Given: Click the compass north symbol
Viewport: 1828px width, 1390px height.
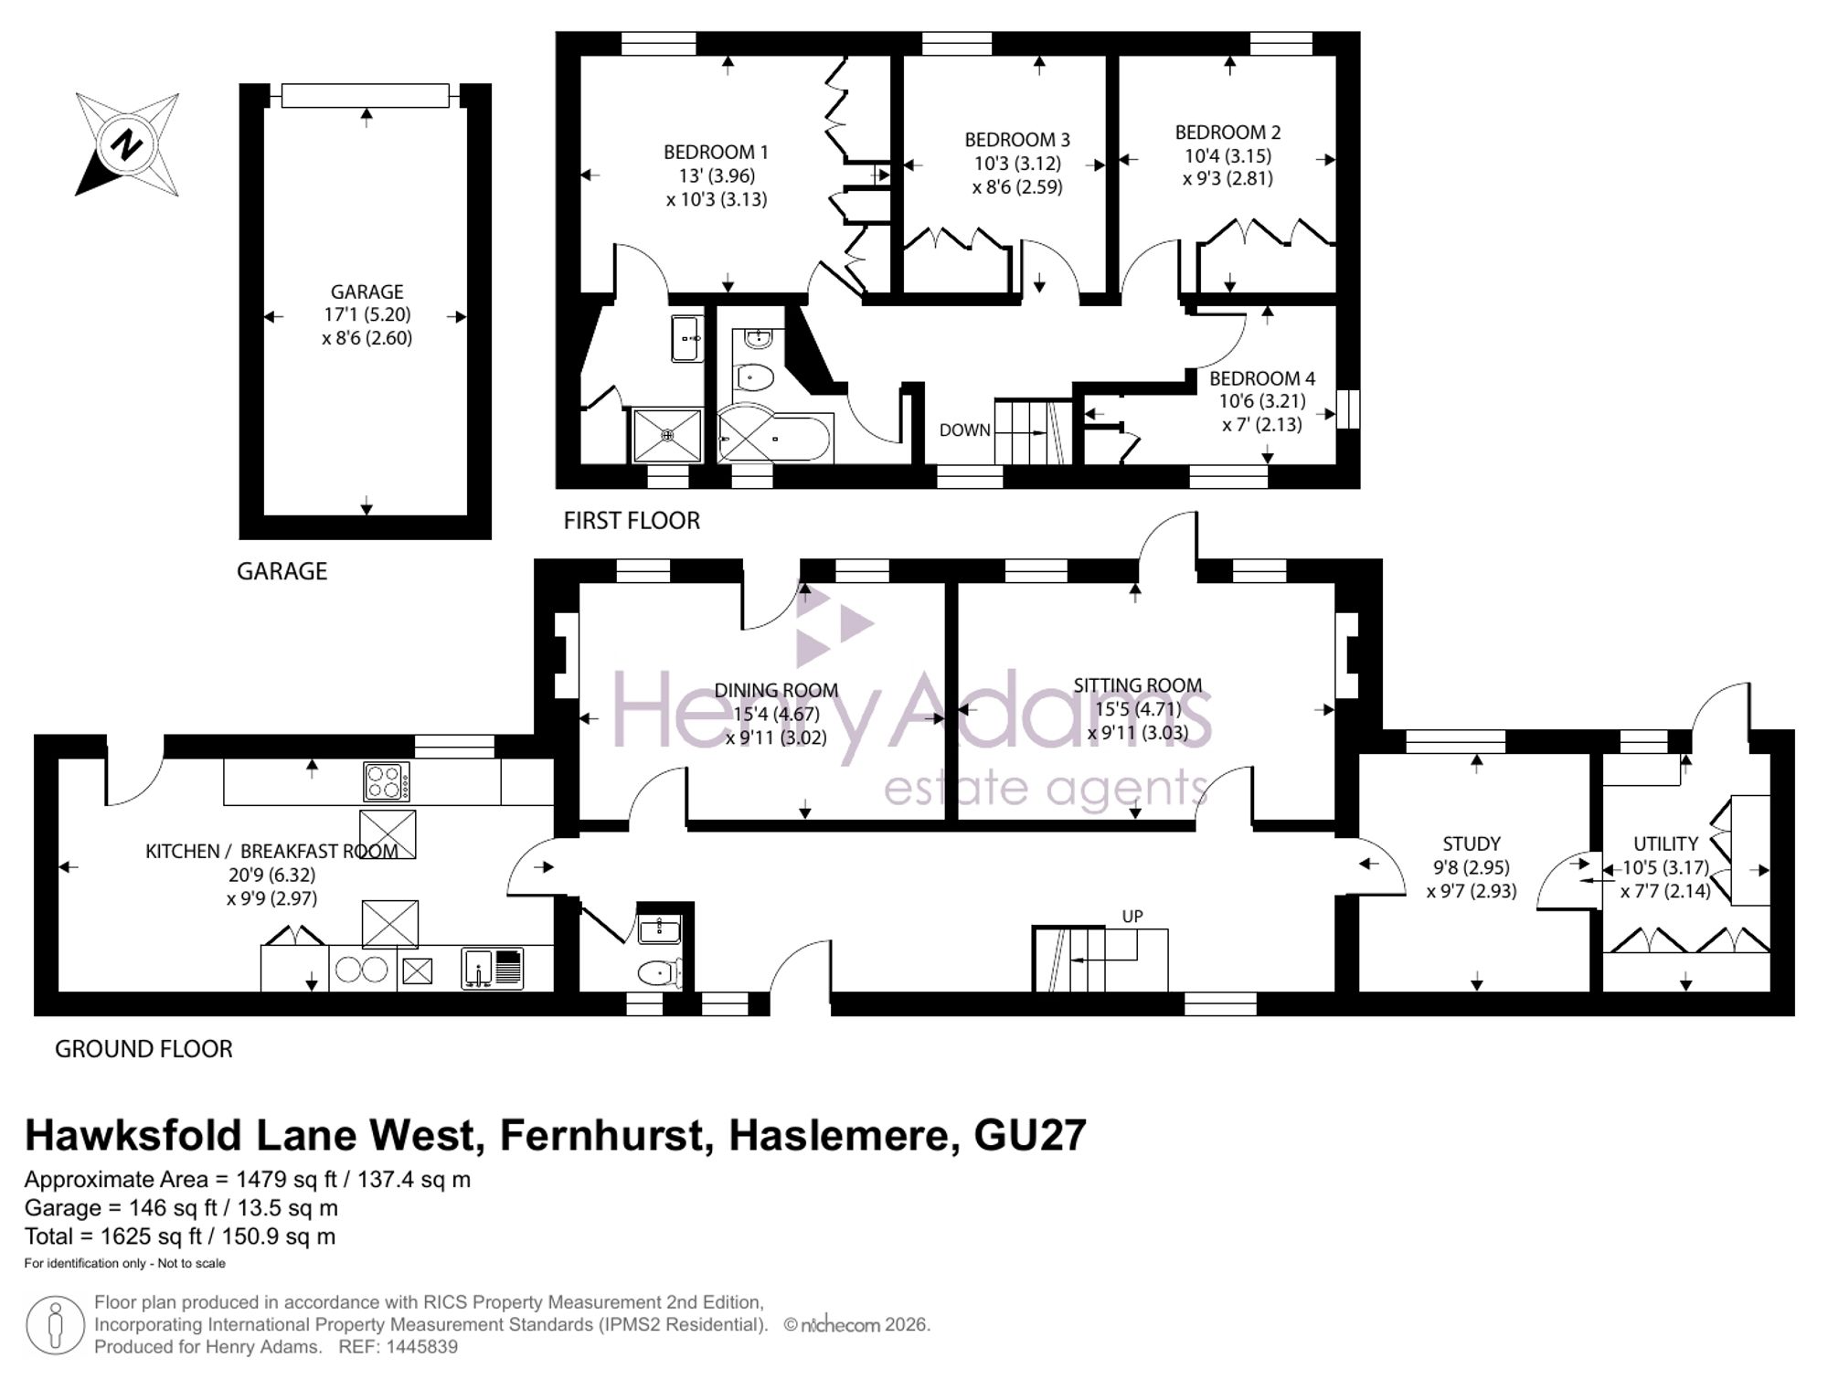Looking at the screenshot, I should (127, 144).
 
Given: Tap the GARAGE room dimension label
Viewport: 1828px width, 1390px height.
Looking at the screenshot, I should (367, 314).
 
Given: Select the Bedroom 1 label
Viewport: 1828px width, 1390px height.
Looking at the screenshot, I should (716, 152).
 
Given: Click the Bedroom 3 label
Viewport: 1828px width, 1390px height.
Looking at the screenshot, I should (1016, 140).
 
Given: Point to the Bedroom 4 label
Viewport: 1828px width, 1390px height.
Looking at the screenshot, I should (1261, 378).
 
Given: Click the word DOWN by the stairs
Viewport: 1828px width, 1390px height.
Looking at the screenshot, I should (964, 430).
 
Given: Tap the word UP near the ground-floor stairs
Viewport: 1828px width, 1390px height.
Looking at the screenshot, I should (1132, 917).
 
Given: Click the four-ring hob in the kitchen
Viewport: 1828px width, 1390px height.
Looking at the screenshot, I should (387, 781).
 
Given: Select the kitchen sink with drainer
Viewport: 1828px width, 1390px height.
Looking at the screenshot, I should (493, 969).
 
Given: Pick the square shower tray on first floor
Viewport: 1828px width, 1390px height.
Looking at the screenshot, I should (668, 436).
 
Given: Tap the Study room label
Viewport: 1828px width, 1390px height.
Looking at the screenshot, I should (1471, 844).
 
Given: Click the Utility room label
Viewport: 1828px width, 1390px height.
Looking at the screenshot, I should (1665, 844).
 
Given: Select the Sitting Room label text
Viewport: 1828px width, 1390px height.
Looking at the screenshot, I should (1137, 685).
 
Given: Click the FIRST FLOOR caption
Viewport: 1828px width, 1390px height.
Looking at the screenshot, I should (632, 521).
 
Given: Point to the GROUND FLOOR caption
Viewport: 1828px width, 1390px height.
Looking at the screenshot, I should (143, 1049).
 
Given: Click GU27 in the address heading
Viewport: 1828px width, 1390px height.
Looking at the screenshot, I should (1030, 1136).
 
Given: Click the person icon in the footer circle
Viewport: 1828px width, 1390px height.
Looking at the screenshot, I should (56, 1325).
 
